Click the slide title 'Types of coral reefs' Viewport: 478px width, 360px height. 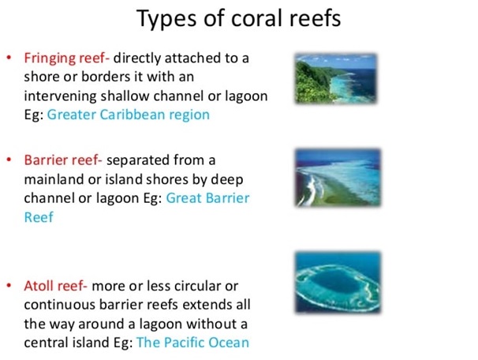(238, 19)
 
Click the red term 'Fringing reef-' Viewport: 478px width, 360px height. (67, 58)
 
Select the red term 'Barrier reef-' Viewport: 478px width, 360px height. (63, 160)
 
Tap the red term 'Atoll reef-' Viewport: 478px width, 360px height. (55, 286)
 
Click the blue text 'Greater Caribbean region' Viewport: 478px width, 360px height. (129, 115)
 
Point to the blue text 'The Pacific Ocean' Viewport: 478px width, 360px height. (192, 343)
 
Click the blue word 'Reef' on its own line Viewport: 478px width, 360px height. (39, 217)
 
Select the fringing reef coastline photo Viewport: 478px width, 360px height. (336, 79)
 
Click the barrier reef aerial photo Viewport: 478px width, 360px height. (338, 178)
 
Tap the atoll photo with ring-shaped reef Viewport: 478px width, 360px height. (338, 282)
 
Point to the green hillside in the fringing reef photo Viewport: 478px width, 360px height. (311, 82)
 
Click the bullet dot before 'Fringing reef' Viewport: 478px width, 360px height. (9, 58)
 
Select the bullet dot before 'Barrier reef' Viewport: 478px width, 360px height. (9, 159)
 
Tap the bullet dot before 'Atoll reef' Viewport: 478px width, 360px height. (9, 285)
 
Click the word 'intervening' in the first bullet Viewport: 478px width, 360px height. (61, 97)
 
